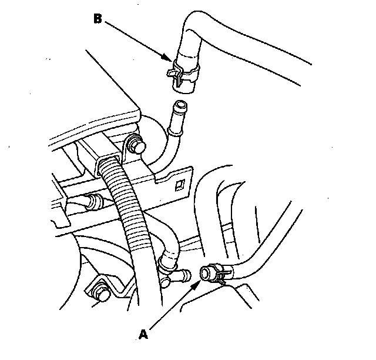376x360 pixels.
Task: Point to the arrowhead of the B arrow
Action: pos(171,60)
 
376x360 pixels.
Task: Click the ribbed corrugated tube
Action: pos(129,206)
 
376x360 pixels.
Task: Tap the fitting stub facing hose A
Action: pos(185,274)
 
